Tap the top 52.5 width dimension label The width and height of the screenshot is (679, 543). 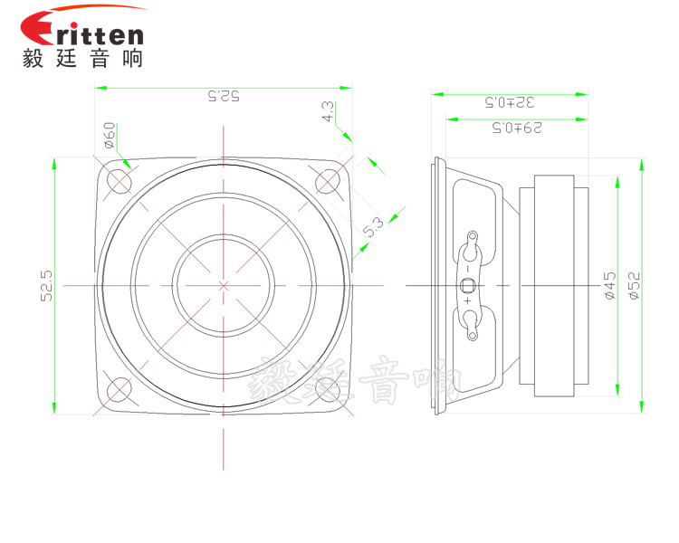[x=224, y=96]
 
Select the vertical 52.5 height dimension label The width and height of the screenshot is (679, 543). [x=46, y=286]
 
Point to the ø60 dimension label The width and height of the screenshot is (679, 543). [x=110, y=135]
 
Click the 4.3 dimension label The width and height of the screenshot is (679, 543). [x=328, y=111]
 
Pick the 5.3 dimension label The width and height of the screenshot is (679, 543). [x=373, y=227]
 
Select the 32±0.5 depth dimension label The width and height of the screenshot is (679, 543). [x=509, y=102]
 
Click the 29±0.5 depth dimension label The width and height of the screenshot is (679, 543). [x=517, y=128]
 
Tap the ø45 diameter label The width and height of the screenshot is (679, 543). [x=609, y=285]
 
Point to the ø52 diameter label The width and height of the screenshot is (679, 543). [x=634, y=285]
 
